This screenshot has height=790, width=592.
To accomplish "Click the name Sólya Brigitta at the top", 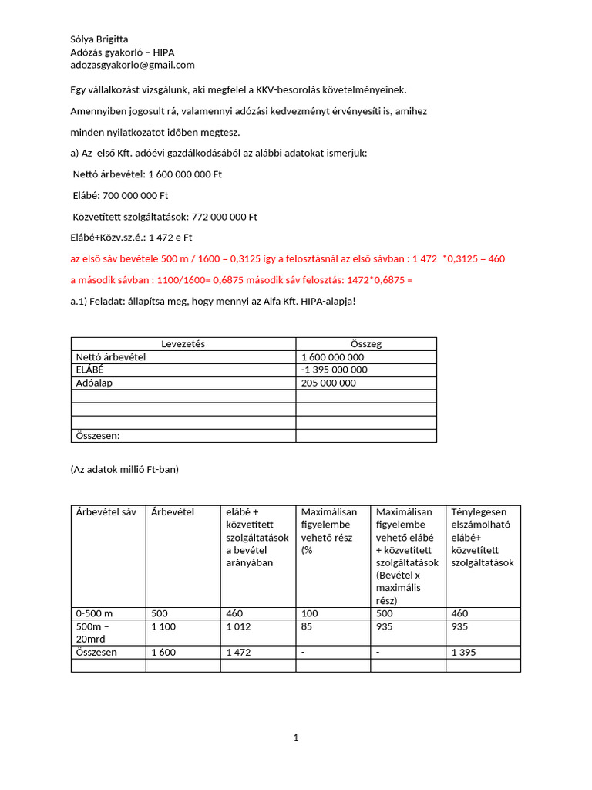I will point(99,39).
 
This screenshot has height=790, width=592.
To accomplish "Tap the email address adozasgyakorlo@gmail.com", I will point(133,65).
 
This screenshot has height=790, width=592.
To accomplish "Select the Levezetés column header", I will point(183,344).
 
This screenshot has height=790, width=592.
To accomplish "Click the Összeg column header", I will point(365,344).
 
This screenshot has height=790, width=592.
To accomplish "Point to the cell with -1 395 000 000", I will point(335,370).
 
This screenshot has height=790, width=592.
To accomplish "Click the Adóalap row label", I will point(94,383).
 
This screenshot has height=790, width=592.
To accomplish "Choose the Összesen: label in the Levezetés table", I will point(99,436).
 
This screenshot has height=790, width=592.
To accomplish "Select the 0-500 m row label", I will point(94,613).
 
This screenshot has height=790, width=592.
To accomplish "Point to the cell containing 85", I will point(308,626).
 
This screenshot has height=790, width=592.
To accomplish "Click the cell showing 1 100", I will point(163,626).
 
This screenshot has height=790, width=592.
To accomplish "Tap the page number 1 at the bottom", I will point(296,738).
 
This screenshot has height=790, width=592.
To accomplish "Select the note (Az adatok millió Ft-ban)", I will point(124,469).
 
